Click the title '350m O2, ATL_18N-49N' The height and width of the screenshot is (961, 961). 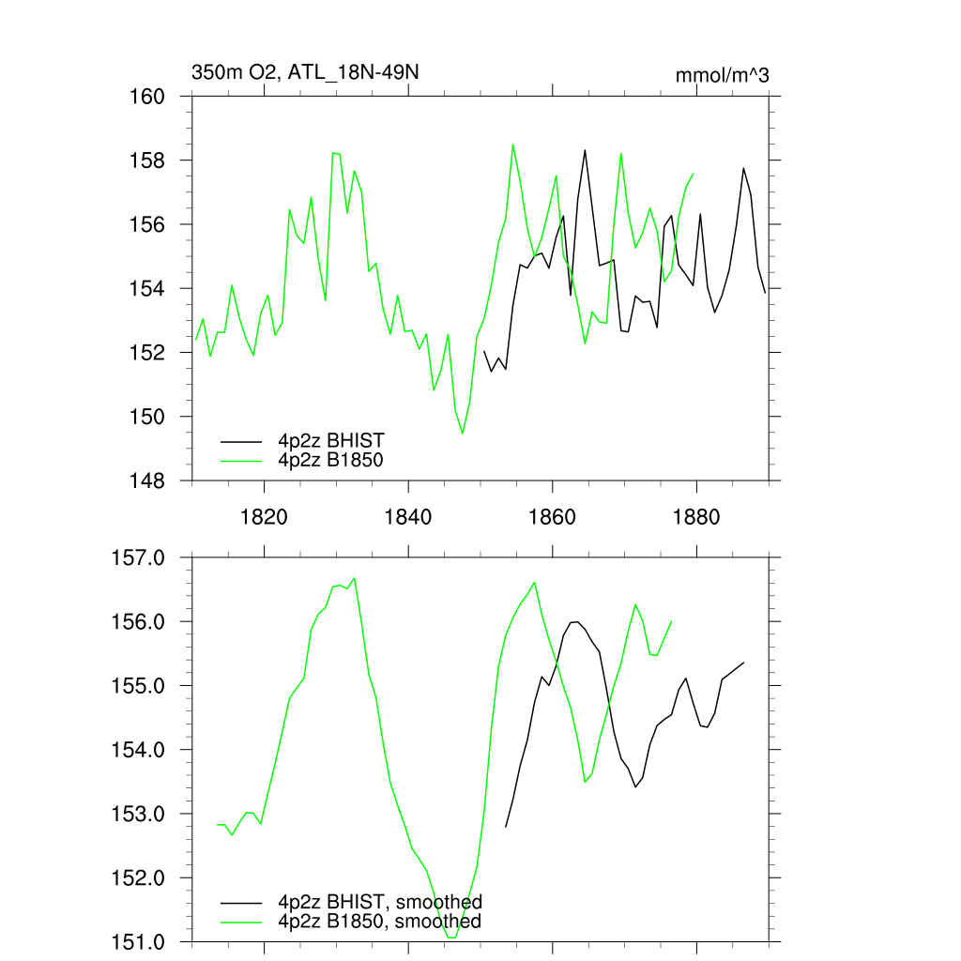click(x=297, y=72)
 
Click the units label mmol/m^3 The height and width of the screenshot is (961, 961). click(x=722, y=75)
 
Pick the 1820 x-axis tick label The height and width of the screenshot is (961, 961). click(x=264, y=517)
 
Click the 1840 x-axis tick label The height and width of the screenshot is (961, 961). click(x=408, y=517)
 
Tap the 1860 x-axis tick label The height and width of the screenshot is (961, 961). click(x=553, y=517)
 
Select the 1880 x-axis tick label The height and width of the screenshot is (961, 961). click(x=697, y=517)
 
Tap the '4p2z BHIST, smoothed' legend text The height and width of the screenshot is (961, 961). click(x=379, y=903)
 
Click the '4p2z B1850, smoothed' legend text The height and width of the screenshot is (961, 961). click(x=379, y=922)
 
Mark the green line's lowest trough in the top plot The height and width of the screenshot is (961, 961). click(x=463, y=434)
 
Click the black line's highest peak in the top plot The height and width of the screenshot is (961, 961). click(x=585, y=150)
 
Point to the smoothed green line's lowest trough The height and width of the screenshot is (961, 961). click(x=451, y=937)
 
